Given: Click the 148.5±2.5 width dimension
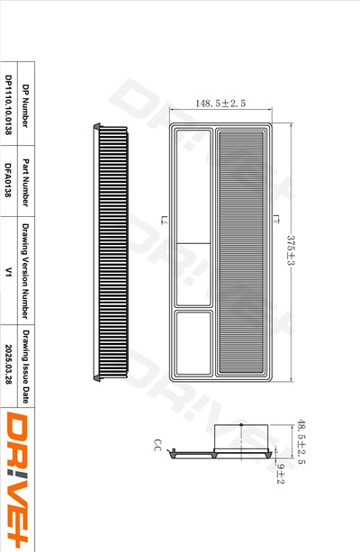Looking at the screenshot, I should [x=221, y=104].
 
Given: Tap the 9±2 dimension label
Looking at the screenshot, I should [x=280, y=475].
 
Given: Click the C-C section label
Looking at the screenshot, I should [x=157, y=446].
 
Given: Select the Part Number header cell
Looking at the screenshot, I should [x=26, y=178].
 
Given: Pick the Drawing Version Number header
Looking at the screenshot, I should [x=26, y=270].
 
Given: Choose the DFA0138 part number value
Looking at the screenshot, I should [x=8, y=178].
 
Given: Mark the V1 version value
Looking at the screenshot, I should [x=8, y=270].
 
